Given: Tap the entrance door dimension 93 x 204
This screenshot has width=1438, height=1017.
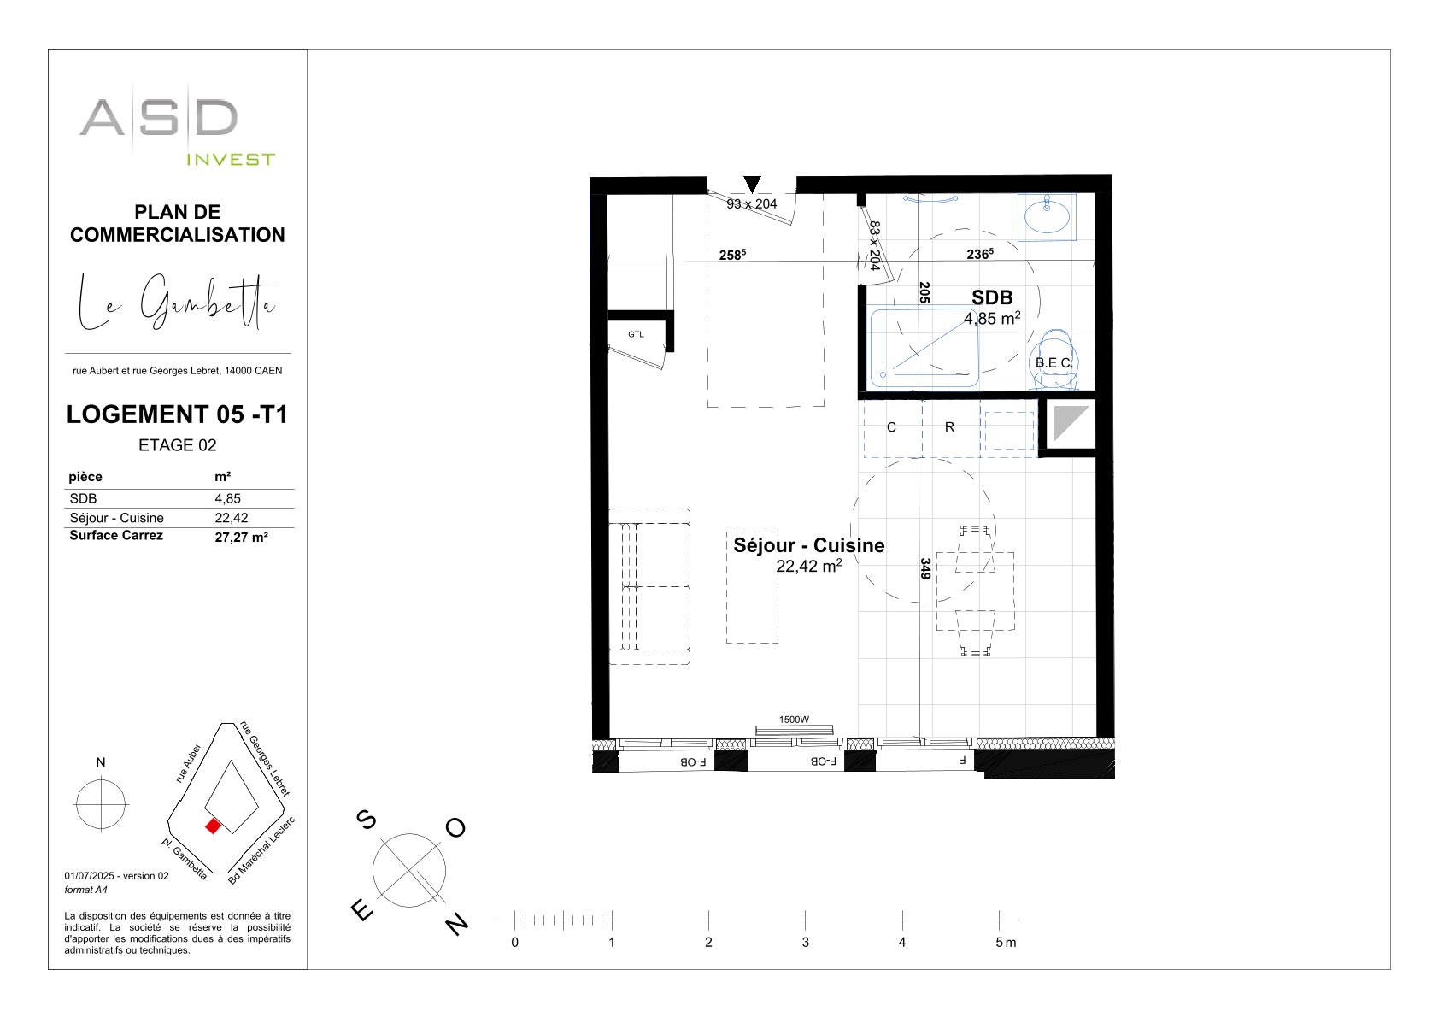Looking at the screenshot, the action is coord(752,203).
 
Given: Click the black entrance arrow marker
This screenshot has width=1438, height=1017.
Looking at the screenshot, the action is coord(752,185).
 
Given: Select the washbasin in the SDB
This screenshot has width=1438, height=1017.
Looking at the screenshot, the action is coord(1047,216).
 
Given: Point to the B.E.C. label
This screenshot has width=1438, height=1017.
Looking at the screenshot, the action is coord(1054,362).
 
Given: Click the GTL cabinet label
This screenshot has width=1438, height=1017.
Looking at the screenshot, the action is coord(636,334).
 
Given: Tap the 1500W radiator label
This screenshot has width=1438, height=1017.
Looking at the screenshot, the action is coord(794,720).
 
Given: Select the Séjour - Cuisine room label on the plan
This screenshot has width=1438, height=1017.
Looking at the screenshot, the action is coord(809,545).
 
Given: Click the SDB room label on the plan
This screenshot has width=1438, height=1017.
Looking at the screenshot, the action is coord(992,297).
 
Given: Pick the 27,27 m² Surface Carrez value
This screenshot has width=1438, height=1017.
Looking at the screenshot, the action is coord(241,538).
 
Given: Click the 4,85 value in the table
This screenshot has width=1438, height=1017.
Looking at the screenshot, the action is coord(228,498).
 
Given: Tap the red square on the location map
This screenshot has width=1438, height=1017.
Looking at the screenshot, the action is coord(213,826).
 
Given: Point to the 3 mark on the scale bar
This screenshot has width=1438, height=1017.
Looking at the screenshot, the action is coord(805,942).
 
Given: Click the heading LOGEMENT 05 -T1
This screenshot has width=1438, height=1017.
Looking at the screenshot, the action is coord(177,414).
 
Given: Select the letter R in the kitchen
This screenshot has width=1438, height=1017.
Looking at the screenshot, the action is coord(949,427).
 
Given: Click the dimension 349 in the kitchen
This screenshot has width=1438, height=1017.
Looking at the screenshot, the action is coord(925,568).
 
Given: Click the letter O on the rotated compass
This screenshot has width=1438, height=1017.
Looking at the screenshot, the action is coord(455,827).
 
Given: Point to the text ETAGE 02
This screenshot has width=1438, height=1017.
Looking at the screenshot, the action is coord(177,445).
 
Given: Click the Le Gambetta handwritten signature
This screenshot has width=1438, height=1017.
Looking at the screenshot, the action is coord(177,302).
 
